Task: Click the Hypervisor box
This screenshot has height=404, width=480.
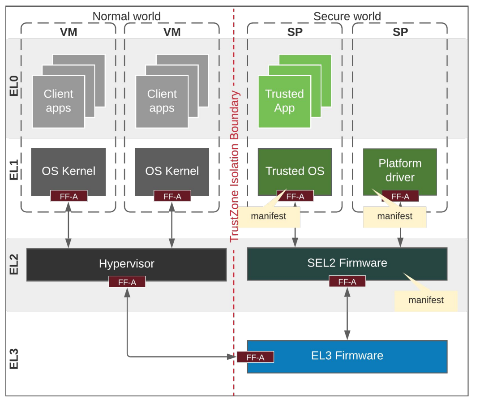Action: [x=126, y=264]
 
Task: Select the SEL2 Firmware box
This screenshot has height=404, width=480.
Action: [x=347, y=263]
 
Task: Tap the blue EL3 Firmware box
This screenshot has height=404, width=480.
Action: [x=347, y=356]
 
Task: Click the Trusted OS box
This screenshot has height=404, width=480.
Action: [x=295, y=171]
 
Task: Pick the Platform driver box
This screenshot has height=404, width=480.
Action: [x=399, y=170]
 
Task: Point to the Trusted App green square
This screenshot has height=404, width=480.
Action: [x=284, y=101]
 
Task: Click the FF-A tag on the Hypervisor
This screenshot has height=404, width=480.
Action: [x=127, y=282]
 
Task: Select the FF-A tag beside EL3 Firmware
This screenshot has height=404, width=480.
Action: [x=255, y=357]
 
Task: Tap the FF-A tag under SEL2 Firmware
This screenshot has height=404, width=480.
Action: [x=347, y=282]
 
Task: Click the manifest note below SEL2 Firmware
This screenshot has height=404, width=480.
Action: [x=426, y=301]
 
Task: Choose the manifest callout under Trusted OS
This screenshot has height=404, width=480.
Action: [x=269, y=216]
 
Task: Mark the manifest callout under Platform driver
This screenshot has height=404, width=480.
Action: [x=394, y=216]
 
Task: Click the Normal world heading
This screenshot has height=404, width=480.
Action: [x=126, y=17]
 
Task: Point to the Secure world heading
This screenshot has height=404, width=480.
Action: [x=347, y=17]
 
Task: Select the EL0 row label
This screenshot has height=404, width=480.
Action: [x=14, y=86]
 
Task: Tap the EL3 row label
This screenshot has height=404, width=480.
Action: [x=14, y=358]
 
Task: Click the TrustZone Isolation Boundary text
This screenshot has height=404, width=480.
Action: [x=235, y=166]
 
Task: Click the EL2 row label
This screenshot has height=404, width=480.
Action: [x=14, y=264]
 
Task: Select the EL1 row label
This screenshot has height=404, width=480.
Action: [x=14, y=170]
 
